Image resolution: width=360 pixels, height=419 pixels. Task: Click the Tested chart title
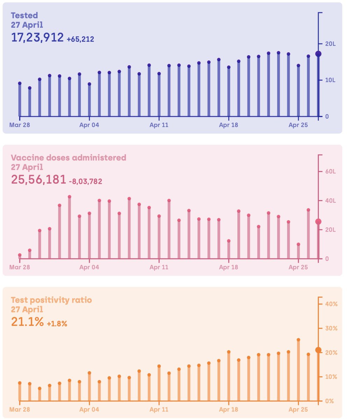24,15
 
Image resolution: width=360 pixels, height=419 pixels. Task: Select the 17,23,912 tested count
37,37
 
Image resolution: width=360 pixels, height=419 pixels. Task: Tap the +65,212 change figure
80,39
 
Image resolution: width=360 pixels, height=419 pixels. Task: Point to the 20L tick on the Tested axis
330,44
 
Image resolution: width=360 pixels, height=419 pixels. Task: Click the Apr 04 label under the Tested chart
89,125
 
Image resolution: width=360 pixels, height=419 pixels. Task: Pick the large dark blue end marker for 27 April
318,54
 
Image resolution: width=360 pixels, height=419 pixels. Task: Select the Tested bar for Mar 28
20,100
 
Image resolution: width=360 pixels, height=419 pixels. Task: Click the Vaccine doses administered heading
68,157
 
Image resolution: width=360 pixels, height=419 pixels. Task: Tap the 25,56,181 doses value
38,179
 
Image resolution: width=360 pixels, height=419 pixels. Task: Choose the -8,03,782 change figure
85,181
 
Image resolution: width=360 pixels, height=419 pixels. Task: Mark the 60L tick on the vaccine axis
330,171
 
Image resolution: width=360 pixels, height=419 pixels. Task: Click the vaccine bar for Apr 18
229,250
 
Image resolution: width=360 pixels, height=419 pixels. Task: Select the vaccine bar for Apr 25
298,252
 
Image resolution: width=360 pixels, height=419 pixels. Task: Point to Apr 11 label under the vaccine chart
159,267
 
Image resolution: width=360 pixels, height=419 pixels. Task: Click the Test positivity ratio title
51,300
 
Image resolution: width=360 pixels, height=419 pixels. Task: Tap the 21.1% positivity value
27,322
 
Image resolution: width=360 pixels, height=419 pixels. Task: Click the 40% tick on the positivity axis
331,304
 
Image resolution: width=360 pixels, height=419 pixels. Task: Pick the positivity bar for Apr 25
298,370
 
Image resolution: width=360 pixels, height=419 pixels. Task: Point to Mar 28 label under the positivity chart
20,409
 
